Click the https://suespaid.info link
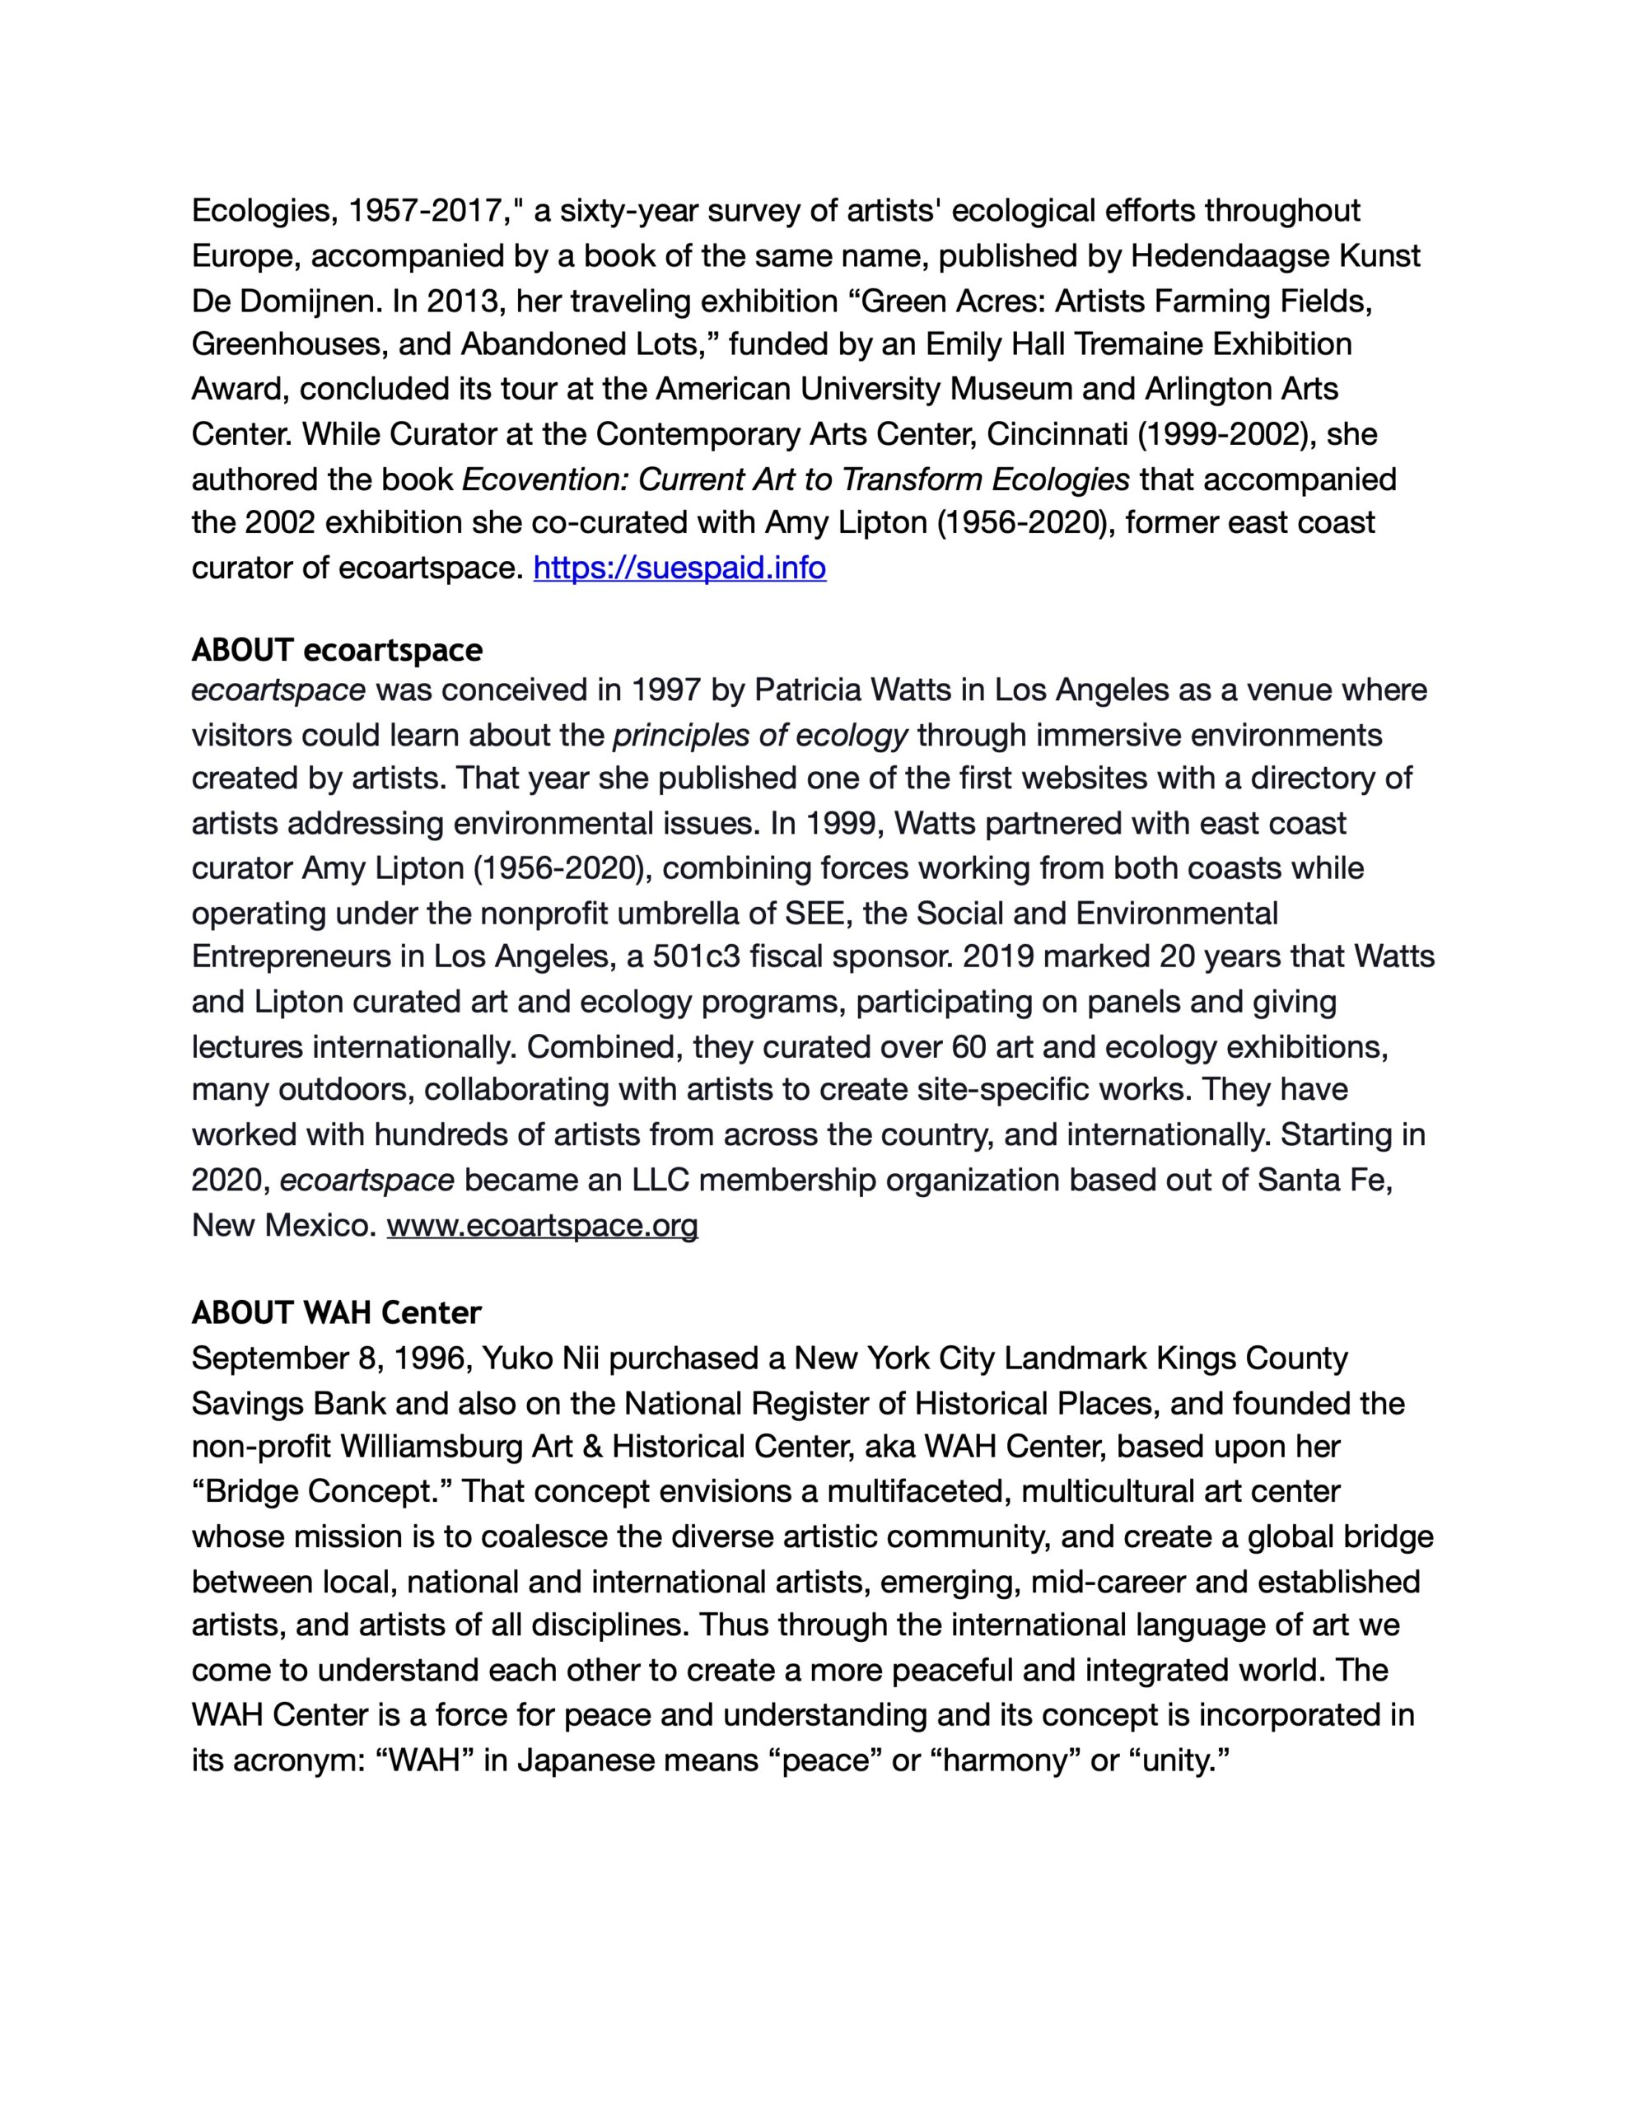pos(679,568)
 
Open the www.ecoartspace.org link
pos(542,1225)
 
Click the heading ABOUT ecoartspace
pos(336,650)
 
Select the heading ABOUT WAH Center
pos(336,1312)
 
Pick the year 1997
pos(666,690)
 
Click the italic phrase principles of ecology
pos(760,736)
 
